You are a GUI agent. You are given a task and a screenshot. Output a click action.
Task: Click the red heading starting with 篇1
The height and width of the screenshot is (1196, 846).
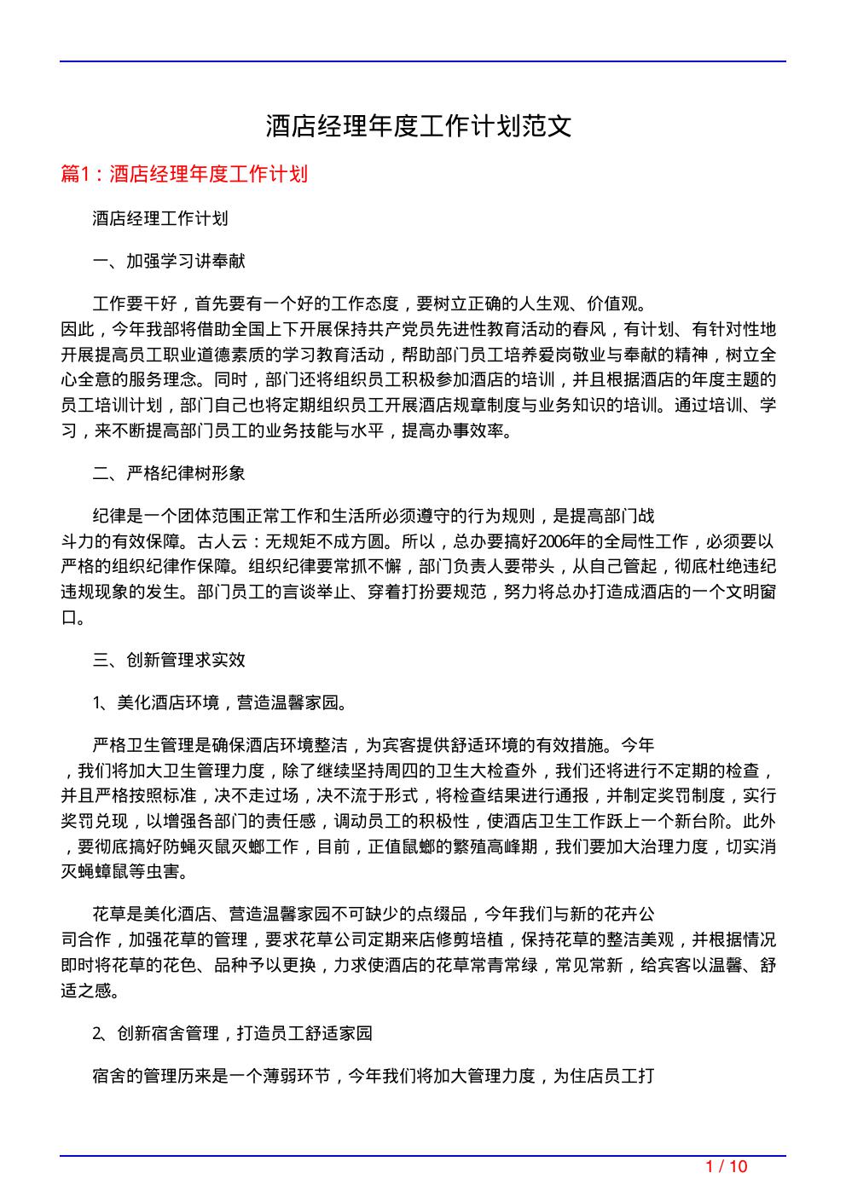pyautogui.click(x=184, y=175)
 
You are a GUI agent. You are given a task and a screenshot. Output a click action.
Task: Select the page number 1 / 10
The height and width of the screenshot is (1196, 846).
pyautogui.click(x=727, y=1166)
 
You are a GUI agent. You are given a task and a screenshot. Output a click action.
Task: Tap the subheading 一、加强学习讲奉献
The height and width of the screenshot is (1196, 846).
pyautogui.click(x=169, y=261)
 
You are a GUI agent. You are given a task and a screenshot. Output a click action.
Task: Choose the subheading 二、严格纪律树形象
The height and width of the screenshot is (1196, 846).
pyautogui.click(x=169, y=473)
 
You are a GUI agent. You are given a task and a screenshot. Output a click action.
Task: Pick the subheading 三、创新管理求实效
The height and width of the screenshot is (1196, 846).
pyautogui.click(x=169, y=660)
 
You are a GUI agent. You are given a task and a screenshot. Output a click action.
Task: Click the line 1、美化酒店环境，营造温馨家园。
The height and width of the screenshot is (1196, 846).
pyautogui.click(x=219, y=702)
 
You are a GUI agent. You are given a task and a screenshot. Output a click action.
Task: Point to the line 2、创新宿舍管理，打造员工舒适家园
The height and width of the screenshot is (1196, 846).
pyautogui.click(x=232, y=1033)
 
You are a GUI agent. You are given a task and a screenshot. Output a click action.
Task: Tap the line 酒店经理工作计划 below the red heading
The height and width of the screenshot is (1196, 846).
pyautogui.click(x=160, y=219)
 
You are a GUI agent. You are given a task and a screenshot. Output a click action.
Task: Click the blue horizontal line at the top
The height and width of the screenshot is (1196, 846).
pyautogui.click(x=422, y=61)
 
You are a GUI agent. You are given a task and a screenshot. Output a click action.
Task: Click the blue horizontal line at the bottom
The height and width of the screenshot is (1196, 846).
pyautogui.click(x=422, y=1156)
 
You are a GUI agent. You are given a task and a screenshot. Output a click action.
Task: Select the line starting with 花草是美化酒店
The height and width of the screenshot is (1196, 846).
pyautogui.click(x=373, y=915)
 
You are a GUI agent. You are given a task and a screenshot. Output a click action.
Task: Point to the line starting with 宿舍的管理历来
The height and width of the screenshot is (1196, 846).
pyautogui.click(x=373, y=1076)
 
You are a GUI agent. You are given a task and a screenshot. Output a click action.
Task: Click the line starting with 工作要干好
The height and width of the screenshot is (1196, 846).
pyautogui.click(x=369, y=303)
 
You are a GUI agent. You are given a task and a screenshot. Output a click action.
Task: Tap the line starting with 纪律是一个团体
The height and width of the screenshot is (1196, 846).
pyautogui.click(x=373, y=516)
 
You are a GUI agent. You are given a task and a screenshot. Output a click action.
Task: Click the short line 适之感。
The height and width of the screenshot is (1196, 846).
pyautogui.click(x=90, y=991)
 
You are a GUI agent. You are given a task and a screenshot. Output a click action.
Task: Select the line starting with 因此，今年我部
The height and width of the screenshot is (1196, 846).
pyautogui.click(x=418, y=329)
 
